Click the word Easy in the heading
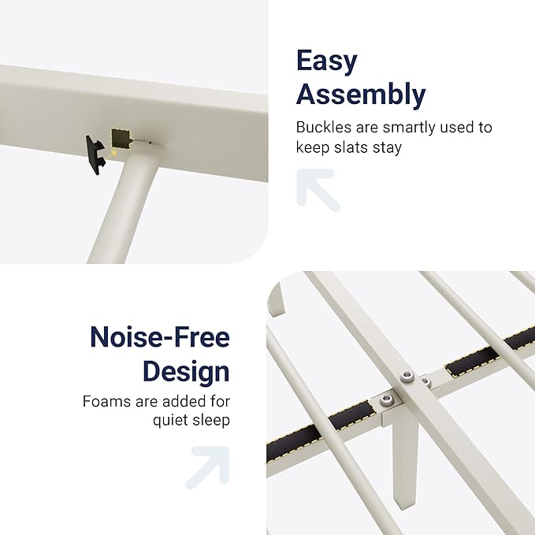326,61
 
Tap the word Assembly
361,95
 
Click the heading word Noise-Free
160,336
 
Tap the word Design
186,372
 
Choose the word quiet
170,421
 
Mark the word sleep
211,421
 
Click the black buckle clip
95,155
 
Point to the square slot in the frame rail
121,139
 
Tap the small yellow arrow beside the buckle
112,154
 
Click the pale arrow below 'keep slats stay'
318,188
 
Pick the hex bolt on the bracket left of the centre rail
386,399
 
